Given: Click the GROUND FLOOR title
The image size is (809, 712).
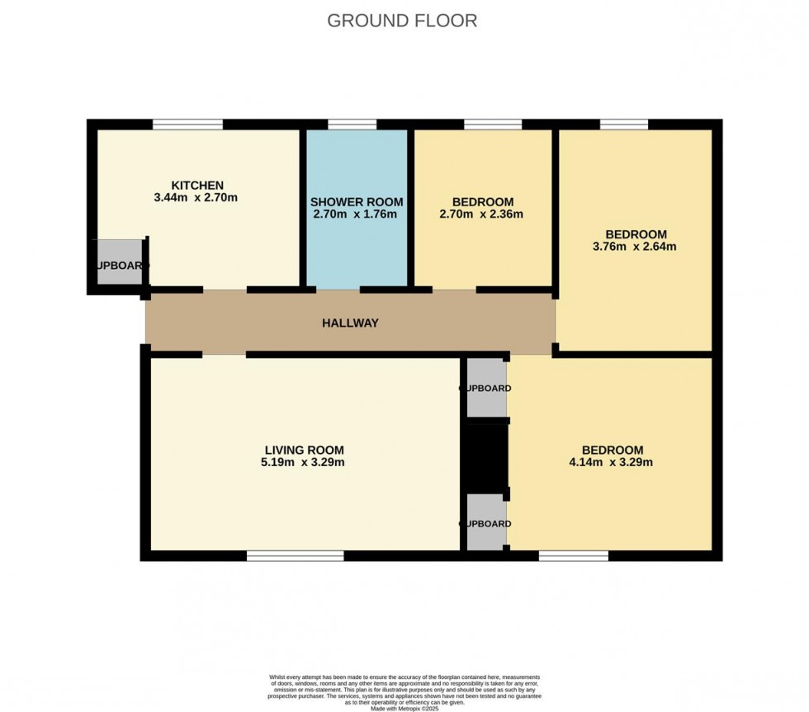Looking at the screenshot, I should point(402,21).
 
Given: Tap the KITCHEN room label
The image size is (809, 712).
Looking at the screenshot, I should point(196,185).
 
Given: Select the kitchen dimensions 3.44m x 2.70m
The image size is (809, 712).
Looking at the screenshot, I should point(196,198).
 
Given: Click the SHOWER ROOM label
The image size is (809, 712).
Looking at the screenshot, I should point(357,202).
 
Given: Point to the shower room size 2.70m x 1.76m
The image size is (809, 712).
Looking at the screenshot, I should point(357,215).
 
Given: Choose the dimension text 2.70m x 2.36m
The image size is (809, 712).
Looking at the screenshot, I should point(483,215).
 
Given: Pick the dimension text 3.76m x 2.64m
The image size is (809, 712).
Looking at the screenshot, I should point(635,247).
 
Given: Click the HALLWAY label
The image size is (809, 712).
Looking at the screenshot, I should point(350,323).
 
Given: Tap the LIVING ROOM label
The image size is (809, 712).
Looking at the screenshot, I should point(304,450).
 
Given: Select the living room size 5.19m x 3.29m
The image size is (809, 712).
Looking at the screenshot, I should point(304,463).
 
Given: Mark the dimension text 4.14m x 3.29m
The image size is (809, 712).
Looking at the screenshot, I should point(612,463).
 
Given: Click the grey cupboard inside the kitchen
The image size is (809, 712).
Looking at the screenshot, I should point(120,263).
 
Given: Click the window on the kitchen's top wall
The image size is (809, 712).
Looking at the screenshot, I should point(187,125).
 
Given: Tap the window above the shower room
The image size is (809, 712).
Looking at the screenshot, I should point(352,125).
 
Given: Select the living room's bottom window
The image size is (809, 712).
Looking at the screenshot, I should point(295,556).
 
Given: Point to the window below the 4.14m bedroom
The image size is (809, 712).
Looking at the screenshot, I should point(574,556).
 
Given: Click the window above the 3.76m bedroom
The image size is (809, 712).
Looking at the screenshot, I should point(624,125).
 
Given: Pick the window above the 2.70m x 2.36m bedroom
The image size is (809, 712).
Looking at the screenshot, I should point(493,125).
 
